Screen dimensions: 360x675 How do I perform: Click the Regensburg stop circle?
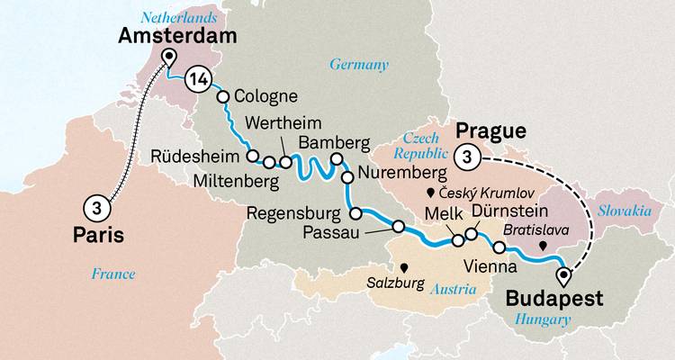point(355,214)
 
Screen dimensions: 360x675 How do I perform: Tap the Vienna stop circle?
point(499,247)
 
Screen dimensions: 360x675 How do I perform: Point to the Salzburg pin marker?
point(405,267)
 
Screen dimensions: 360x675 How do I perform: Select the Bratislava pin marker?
point(542,245)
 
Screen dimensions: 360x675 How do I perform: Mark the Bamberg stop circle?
point(337,160)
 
